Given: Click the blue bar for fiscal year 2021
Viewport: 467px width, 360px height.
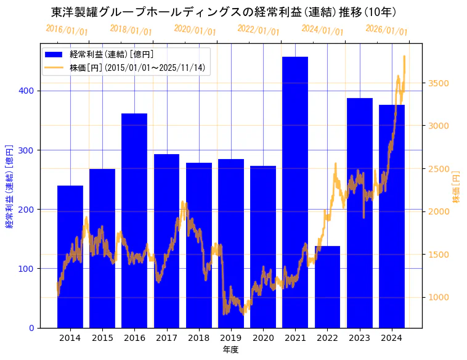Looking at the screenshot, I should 295,192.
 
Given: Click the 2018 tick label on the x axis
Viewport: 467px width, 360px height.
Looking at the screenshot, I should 198,338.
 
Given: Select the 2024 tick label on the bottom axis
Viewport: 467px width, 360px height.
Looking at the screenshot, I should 391,338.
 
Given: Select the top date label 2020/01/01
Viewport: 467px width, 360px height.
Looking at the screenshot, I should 195,30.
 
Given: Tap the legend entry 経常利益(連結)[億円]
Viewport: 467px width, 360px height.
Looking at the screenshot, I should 112,55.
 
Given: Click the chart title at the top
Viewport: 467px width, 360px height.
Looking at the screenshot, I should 224,12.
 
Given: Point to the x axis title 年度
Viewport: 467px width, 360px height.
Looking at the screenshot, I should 230,350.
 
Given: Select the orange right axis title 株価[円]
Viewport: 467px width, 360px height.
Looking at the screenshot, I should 457,187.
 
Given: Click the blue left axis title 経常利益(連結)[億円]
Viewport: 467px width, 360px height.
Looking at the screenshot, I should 9,187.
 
